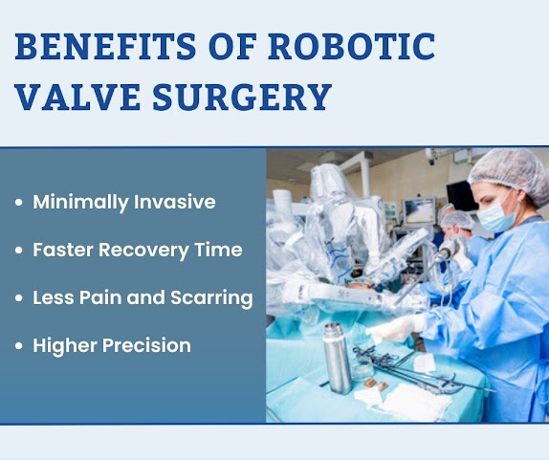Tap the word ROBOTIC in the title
352,46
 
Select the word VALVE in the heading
78,97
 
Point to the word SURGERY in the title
242,97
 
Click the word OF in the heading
232,46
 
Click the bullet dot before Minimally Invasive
19,203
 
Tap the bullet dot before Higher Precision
19,346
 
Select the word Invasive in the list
175,202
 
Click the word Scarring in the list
211,298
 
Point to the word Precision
146,345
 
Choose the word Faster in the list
63,250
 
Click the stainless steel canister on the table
337,358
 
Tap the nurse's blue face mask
495,217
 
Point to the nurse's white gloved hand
395,328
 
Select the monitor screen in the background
419,210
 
